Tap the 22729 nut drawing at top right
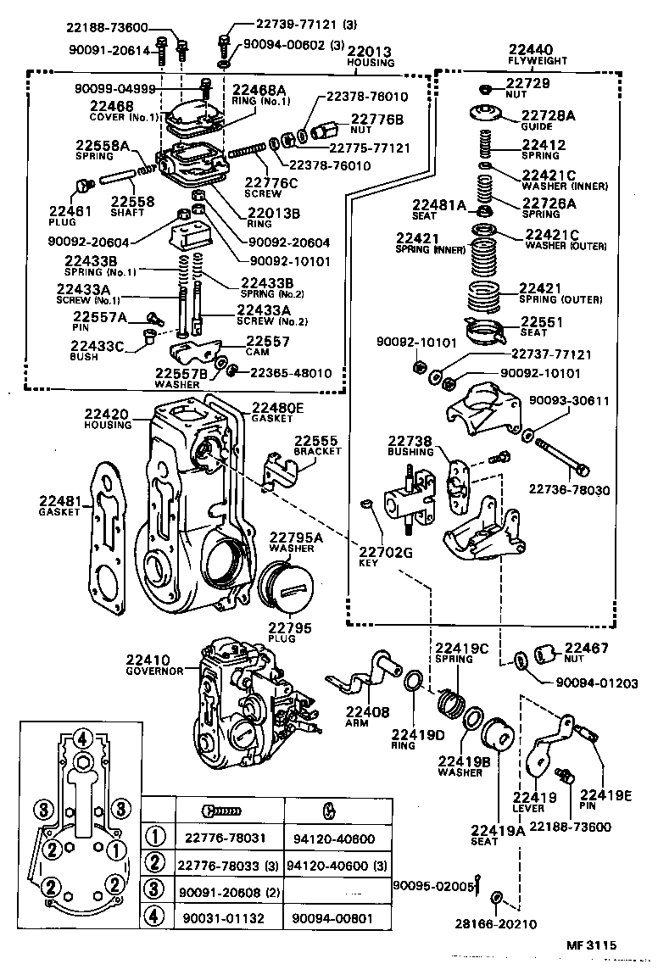tap(486, 89)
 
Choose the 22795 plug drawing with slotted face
tap(286, 589)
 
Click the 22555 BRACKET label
tap(317, 445)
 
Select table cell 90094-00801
tap(337, 918)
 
